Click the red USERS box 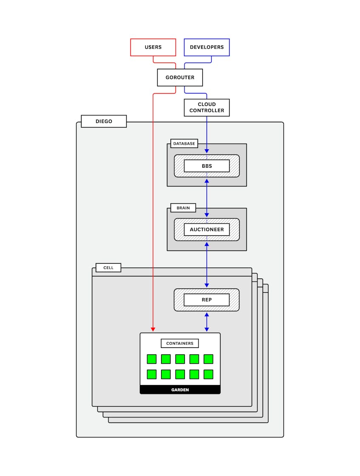153,47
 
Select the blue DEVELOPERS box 207,47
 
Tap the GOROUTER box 180,77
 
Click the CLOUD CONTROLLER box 207,108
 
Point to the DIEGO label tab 104,121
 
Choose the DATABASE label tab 184,143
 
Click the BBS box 207,166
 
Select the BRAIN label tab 183,208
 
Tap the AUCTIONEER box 207,230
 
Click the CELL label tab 108,268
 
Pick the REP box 207,299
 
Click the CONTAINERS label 179,343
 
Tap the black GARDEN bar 180,390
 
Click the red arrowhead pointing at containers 153,329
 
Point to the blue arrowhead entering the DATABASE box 207,151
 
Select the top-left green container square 151,359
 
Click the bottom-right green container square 208,374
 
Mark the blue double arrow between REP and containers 207,322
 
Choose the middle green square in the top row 180,359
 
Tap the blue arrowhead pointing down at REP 207,285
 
